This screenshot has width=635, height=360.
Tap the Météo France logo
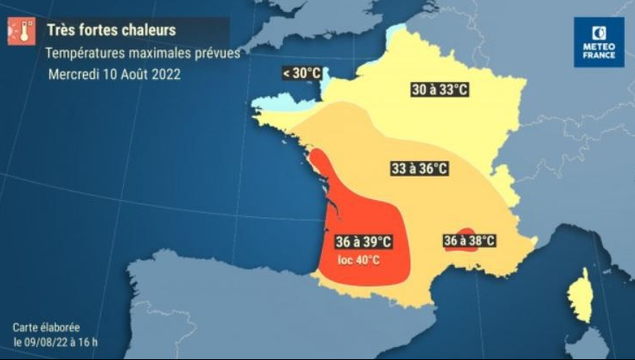[598, 42]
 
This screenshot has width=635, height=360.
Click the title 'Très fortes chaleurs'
[111, 30]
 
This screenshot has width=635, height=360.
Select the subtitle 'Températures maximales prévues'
[143, 53]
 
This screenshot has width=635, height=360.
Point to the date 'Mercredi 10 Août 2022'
[114, 74]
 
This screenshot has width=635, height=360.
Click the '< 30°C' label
[301, 74]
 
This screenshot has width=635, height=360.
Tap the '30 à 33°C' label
[438, 89]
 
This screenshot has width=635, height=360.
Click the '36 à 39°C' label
[363, 241]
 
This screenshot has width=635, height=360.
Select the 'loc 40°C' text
[358, 259]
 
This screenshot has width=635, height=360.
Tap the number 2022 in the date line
[166, 74]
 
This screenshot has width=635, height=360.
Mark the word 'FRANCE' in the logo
[598, 55]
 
